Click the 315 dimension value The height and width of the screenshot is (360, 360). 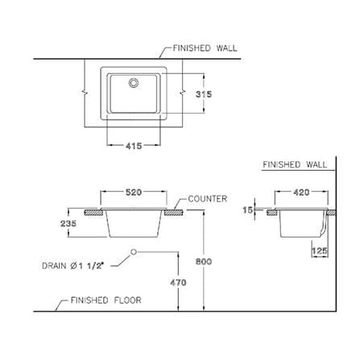point(204,94)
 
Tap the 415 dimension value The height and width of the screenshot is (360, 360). point(134,146)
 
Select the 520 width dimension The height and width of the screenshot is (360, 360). point(134,192)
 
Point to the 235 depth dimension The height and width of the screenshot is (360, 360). point(68,223)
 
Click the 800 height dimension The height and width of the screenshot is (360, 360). point(204,262)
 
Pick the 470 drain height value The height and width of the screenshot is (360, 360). point(178,283)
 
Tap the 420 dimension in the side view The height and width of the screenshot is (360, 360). point(301,192)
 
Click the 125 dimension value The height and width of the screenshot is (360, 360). point(320,251)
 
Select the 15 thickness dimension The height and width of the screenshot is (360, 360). point(248,209)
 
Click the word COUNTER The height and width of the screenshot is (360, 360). point(208,199)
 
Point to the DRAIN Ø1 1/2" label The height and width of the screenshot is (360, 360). point(72,266)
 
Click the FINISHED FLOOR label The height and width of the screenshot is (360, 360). point(106,300)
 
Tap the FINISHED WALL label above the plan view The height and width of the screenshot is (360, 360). point(205,48)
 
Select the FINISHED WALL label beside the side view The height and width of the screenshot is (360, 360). point(295,164)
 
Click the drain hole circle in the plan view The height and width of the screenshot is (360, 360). point(134,83)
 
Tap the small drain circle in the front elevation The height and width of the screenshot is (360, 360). point(134,252)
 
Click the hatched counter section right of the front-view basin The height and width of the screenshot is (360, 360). point(174,213)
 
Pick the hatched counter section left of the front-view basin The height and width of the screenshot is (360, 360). point(93,213)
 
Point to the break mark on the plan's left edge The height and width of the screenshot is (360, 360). point(85,93)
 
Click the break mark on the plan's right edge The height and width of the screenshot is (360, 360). point(183,93)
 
